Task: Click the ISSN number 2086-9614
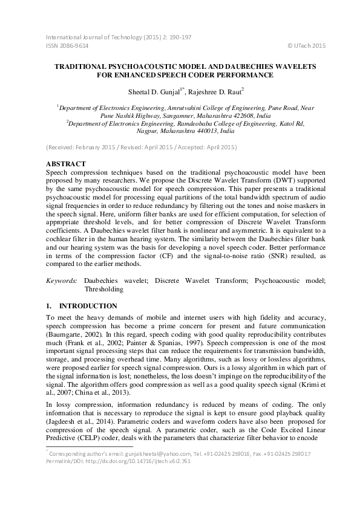[73, 46]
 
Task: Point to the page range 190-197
[178, 37]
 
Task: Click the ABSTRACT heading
[66, 164]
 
